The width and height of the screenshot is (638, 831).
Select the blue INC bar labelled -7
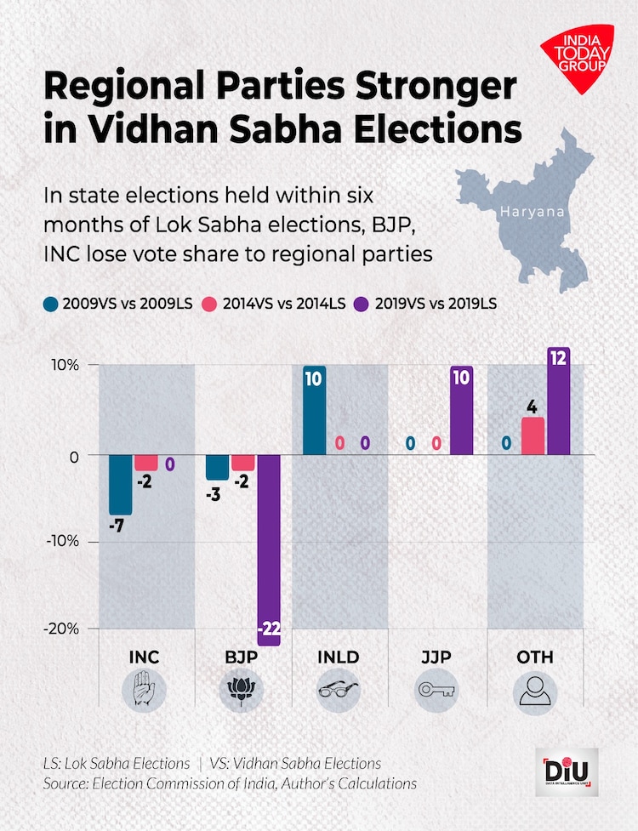click(x=121, y=485)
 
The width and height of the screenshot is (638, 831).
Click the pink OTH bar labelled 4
click(x=533, y=435)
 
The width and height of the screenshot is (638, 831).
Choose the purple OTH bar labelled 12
click(x=558, y=401)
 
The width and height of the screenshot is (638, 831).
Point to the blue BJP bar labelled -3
click(x=217, y=467)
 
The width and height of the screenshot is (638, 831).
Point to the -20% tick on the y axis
click(x=62, y=628)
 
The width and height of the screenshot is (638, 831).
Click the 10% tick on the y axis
click(x=64, y=365)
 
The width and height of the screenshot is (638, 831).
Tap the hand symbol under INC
click(x=145, y=690)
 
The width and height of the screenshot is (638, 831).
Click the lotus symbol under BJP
click(x=242, y=690)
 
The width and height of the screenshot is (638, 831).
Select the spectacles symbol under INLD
click(x=339, y=690)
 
